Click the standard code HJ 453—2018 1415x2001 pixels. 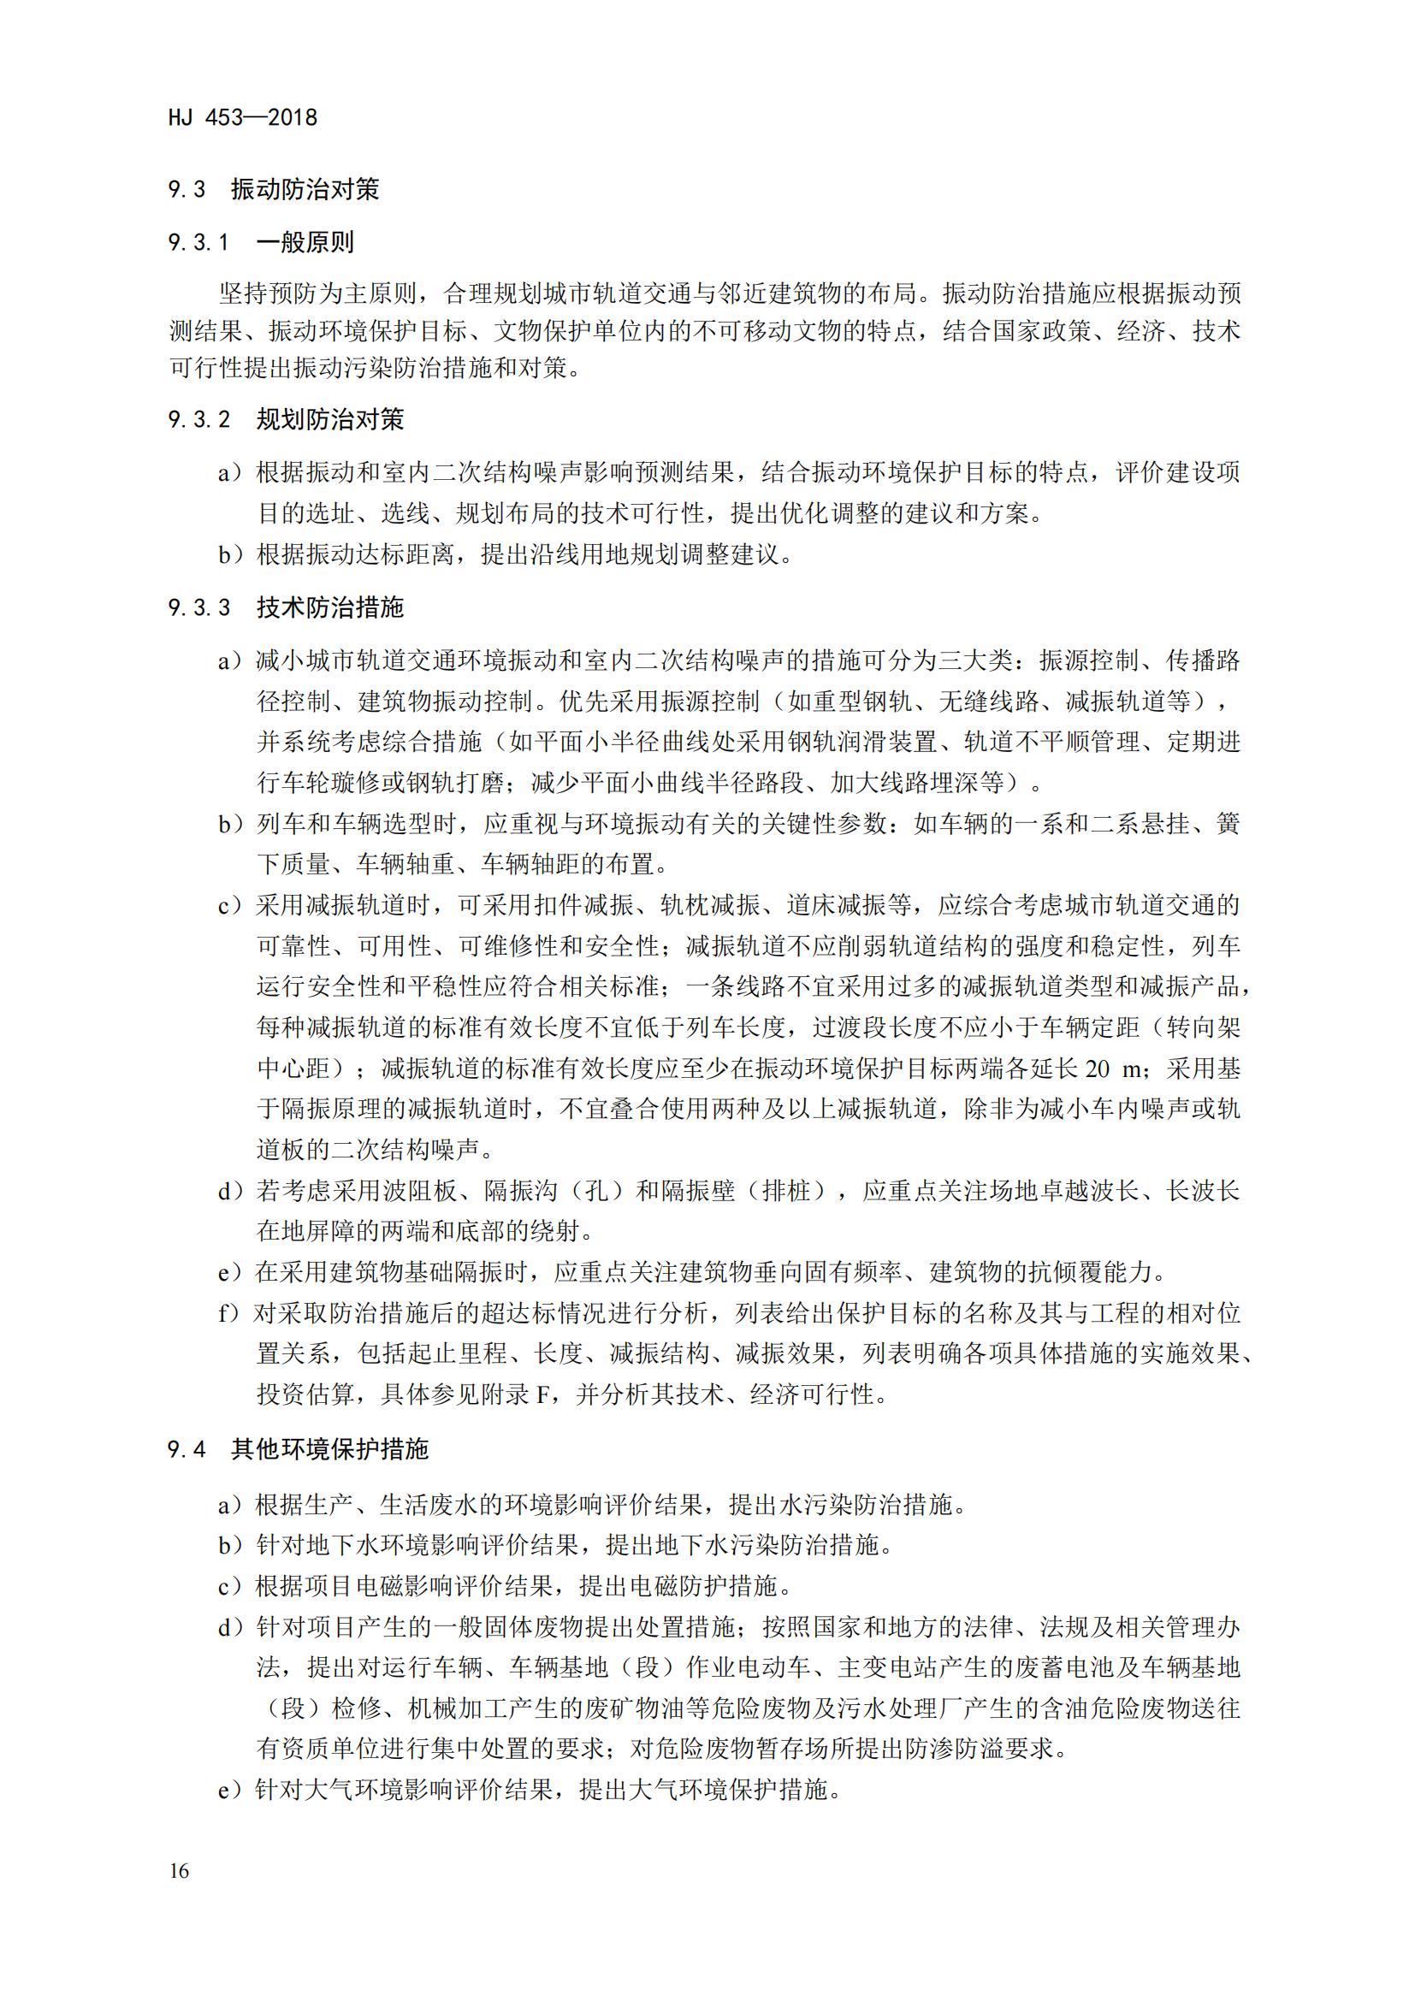pyautogui.click(x=243, y=117)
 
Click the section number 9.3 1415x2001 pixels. pyautogui.click(x=186, y=189)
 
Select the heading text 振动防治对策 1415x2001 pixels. pyautogui.click(x=305, y=189)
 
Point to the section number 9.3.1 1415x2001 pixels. pyautogui.click(x=198, y=242)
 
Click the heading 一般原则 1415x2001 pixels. pyautogui.click(x=305, y=242)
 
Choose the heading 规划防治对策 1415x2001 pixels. pyautogui.click(x=330, y=419)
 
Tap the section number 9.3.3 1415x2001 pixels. pyautogui.click(x=198, y=607)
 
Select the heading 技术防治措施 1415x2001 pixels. pyautogui.click(x=330, y=607)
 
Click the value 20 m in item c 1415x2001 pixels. pyautogui.click(x=1113, y=1069)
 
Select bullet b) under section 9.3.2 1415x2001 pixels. pyautogui.click(x=231, y=554)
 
